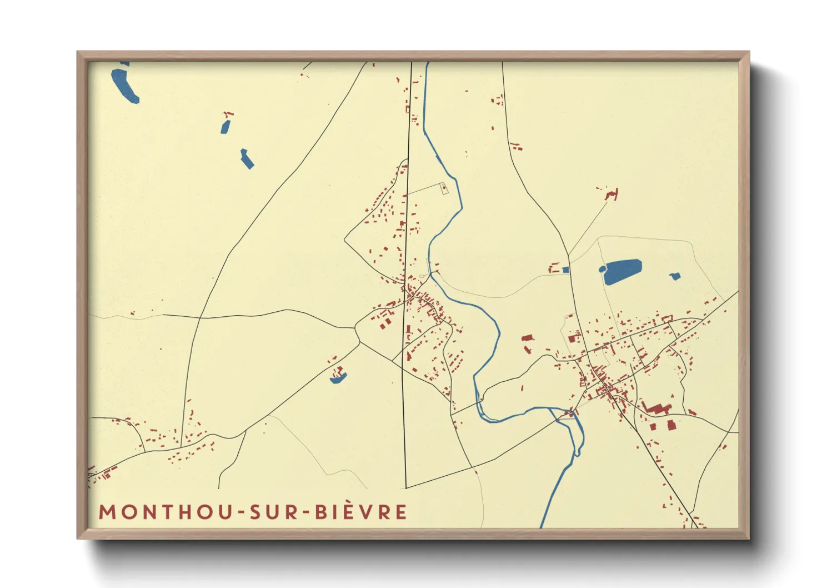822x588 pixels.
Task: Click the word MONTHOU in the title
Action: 166,512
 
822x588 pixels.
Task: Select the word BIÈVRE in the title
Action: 362,512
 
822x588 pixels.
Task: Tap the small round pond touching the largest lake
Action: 602,270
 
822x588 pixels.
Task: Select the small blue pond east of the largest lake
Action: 675,276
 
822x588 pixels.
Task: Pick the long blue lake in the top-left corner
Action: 124,84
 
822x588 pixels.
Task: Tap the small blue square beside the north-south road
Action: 565,270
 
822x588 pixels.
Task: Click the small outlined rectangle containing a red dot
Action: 444,188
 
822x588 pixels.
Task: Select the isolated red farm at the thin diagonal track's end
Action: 612,195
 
